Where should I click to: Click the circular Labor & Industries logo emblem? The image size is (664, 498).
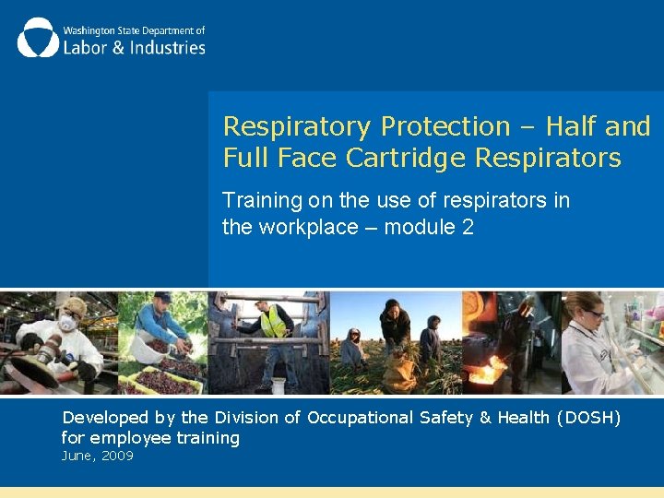pyautogui.click(x=38, y=37)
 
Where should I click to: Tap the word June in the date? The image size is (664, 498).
pyautogui.click(x=77, y=456)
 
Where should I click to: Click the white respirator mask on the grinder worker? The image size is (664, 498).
pyautogui.click(x=66, y=324)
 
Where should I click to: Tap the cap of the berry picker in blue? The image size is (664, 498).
pyautogui.click(x=161, y=297)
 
